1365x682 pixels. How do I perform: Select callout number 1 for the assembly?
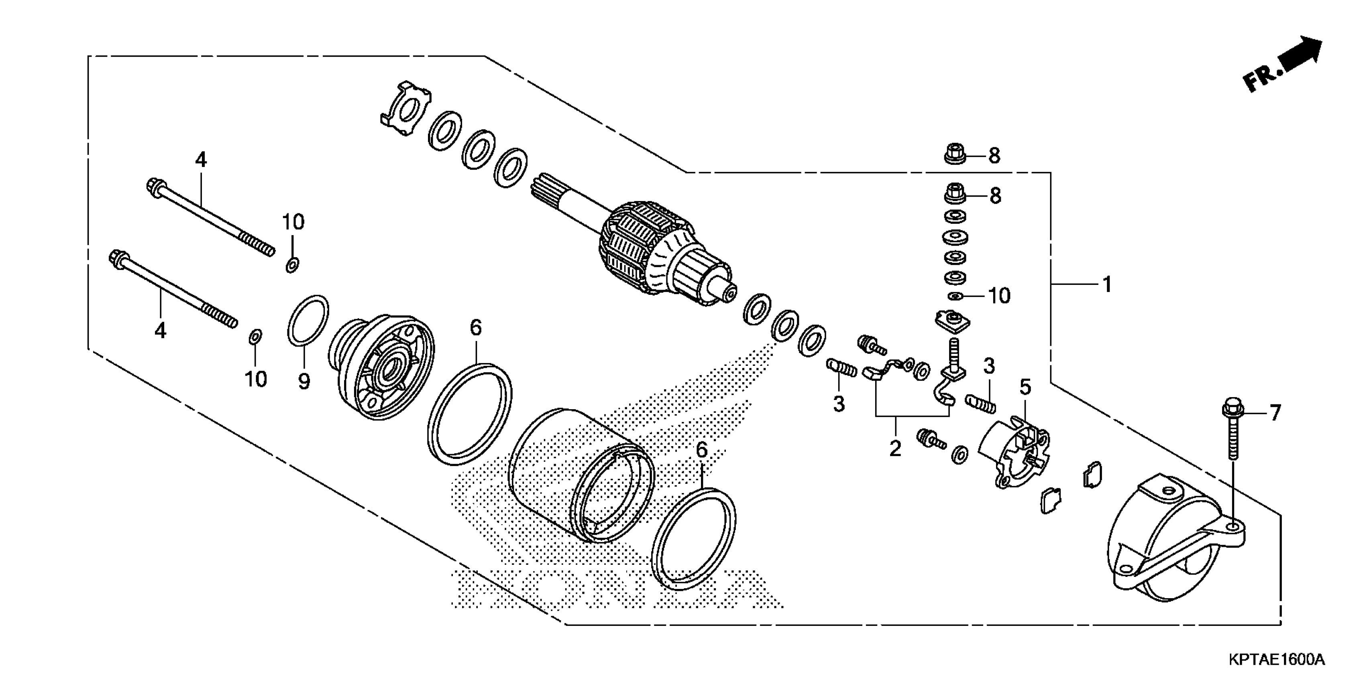(x=1107, y=285)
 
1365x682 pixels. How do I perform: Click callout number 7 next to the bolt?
(x=1275, y=412)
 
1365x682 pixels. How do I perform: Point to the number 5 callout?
(x=1025, y=388)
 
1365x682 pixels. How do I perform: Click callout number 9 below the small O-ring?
(x=304, y=380)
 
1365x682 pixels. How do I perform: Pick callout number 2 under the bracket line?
(x=895, y=448)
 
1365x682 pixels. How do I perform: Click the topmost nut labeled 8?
(x=955, y=154)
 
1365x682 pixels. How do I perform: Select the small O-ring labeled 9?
(x=308, y=319)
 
